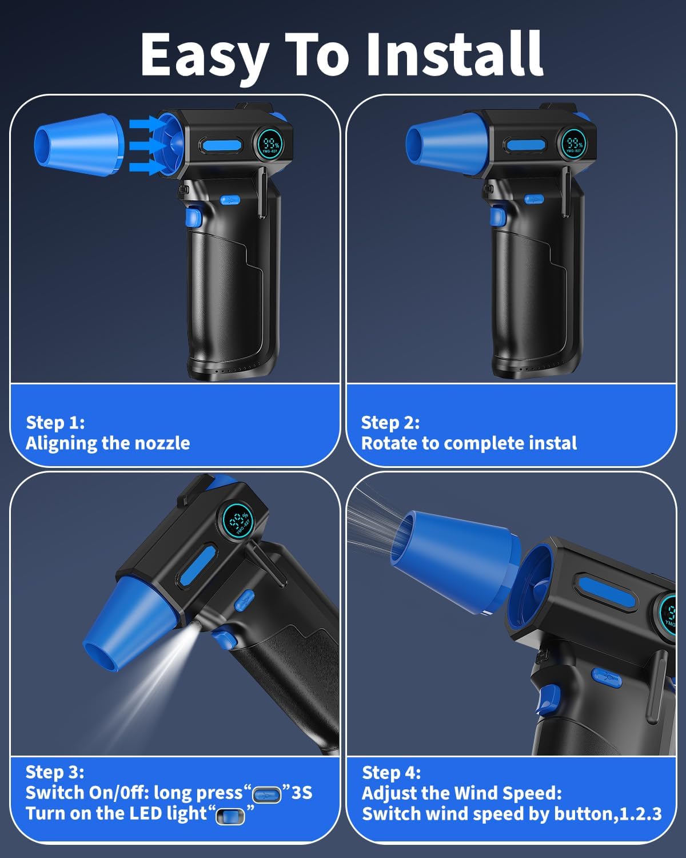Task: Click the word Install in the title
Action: click(455, 54)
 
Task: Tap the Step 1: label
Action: click(55, 423)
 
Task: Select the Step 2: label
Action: click(390, 423)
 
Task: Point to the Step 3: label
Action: click(55, 772)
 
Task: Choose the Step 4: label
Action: click(392, 773)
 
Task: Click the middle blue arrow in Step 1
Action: click(148, 146)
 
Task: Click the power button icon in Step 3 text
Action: click(266, 795)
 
